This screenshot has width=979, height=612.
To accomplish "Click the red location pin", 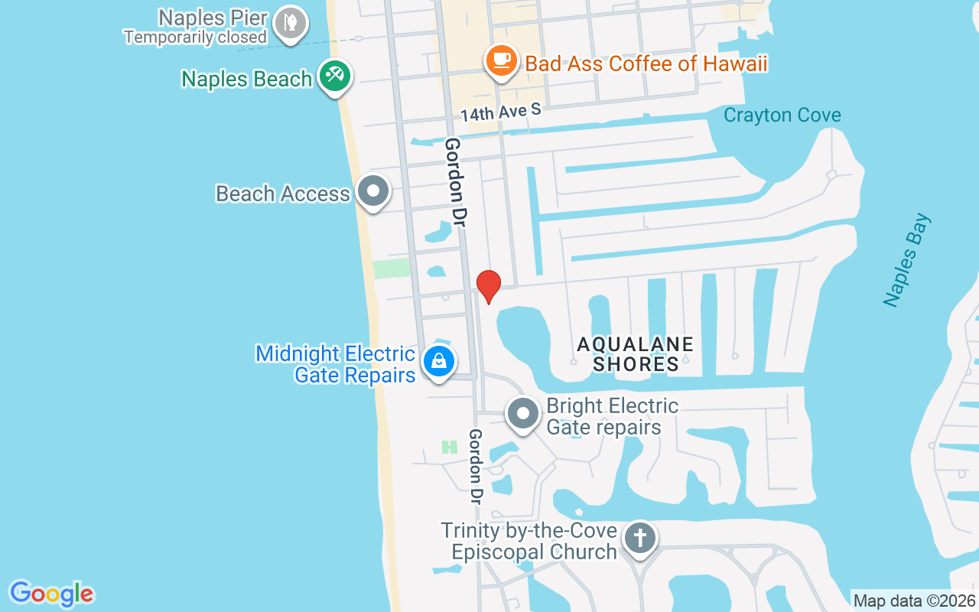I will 488,286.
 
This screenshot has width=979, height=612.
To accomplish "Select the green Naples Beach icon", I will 334,76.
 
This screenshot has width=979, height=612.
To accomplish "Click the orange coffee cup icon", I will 502,61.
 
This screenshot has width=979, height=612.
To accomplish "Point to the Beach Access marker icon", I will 373,191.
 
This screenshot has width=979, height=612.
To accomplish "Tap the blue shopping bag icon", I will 438,360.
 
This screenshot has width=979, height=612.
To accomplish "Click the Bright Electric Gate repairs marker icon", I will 524,414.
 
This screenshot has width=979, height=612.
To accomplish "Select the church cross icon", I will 640,538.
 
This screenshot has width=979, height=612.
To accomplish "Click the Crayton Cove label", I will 782,115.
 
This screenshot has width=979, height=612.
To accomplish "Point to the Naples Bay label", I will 908,260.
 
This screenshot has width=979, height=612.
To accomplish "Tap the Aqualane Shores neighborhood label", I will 635,354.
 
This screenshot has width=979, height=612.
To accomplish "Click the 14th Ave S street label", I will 500,112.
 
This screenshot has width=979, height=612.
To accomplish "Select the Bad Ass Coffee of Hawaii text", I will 646,63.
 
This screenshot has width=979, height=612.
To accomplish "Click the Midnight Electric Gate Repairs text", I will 335,364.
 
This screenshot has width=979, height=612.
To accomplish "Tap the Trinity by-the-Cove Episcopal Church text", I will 529,541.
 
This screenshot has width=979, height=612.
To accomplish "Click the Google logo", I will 51,594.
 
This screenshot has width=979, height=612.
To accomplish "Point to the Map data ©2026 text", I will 914,601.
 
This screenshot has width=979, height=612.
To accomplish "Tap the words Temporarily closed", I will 195,36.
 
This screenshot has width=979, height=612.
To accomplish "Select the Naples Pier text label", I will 213,17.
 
